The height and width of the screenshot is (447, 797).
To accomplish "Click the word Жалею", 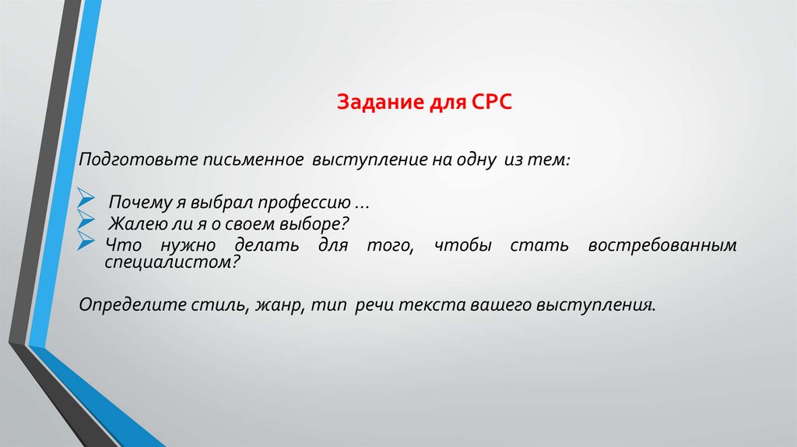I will [133, 225].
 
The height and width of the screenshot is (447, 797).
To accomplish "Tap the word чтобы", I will [463, 246].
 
